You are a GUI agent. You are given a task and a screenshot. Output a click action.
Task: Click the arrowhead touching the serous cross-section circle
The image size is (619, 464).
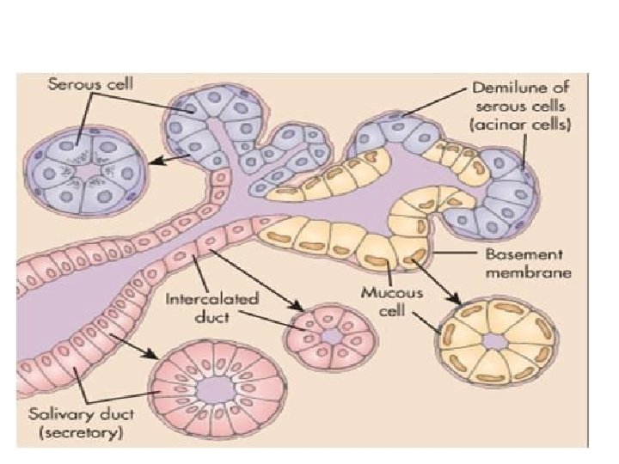151,158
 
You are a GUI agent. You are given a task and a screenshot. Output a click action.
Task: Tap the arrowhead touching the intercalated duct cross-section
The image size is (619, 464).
298,308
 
